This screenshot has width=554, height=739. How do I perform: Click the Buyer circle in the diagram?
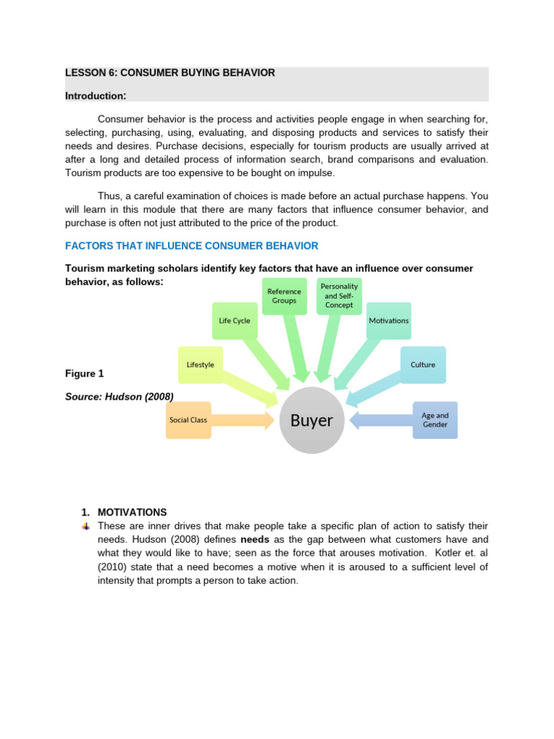click(x=312, y=421)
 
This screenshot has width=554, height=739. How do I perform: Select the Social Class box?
click(x=188, y=420)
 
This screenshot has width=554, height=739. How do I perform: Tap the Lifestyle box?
click(x=201, y=365)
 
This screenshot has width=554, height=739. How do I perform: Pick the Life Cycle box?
click(x=234, y=320)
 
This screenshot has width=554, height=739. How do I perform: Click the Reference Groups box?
click(x=284, y=296)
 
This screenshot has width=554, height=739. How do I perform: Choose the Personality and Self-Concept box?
click(x=339, y=296)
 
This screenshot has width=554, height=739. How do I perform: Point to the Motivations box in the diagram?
click(x=389, y=320)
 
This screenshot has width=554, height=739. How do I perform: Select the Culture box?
click(x=423, y=365)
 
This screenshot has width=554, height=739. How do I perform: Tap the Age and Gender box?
click(x=435, y=420)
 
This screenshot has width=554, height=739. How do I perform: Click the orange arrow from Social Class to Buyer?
click(x=242, y=420)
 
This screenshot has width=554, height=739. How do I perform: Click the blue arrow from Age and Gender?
click(x=381, y=420)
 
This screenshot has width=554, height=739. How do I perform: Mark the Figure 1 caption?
click(x=84, y=373)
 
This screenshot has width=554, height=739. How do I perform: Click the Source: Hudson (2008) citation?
click(x=119, y=396)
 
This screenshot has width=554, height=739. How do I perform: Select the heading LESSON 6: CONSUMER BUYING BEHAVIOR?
click(x=170, y=73)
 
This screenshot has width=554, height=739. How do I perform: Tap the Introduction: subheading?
click(x=96, y=95)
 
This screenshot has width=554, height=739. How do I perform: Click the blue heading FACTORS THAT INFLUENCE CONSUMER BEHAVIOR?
click(x=191, y=246)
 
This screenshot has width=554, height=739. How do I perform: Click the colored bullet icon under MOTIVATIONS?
click(x=86, y=526)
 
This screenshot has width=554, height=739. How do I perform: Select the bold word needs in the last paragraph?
click(x=255, y=540)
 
